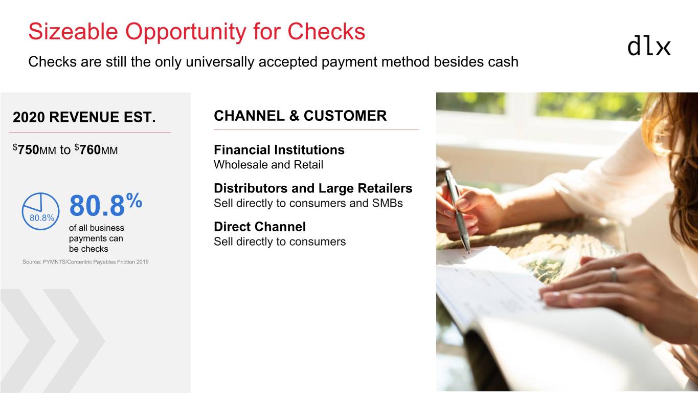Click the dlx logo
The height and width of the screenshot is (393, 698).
click(649, 47)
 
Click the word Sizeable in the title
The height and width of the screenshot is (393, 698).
click(73, 32)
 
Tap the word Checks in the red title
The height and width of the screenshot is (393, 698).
click(326, 32)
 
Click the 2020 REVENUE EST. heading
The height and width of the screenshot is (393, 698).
click(84, 117)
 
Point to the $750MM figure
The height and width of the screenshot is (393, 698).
click(34, 149)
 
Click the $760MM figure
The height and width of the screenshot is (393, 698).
click(96, 149)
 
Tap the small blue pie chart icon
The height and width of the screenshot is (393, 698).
click(40, 211)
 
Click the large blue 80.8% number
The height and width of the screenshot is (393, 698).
click(106, 205)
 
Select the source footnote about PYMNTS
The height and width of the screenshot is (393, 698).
click(85, 262)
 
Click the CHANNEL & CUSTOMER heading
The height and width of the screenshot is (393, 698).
click(300, 116)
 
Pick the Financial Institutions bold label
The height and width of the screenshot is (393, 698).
click(279, 150)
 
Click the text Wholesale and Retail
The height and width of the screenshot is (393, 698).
click(268, 165)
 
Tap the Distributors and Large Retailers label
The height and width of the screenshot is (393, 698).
click(313, 188)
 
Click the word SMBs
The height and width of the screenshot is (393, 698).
click(387, 203)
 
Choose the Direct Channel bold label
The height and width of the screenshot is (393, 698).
click(260, 227)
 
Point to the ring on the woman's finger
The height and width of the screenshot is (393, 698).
click(614, 274)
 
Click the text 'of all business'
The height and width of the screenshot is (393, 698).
click(97, 228)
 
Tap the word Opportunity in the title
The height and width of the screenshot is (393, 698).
click(186, 32)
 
